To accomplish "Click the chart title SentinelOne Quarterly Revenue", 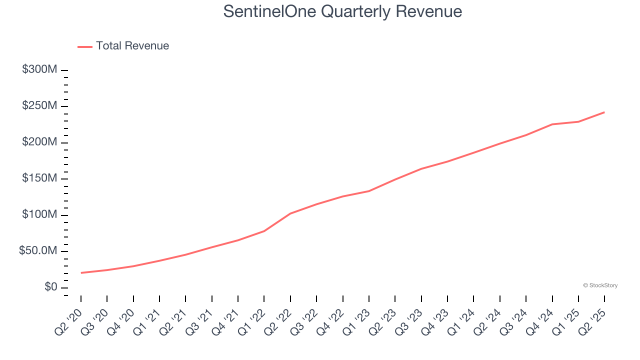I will [342, 11].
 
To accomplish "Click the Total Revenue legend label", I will [132, 46].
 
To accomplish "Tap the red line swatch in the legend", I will [85, 46].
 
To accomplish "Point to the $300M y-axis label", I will [39, 69].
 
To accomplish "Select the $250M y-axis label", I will [39, 106].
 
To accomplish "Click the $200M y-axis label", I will [39, 142].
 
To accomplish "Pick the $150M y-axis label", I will [39, 178].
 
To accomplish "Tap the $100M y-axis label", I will [39, 215].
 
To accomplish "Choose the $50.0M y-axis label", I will [38, 251].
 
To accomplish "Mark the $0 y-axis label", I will [50, 287].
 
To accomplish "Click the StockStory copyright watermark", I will [600, 285].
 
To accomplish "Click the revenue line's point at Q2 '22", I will [290, 213].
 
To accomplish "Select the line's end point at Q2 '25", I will [604, 112].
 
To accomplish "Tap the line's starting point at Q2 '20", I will [81, 273].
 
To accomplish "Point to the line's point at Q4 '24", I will [552, 124].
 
